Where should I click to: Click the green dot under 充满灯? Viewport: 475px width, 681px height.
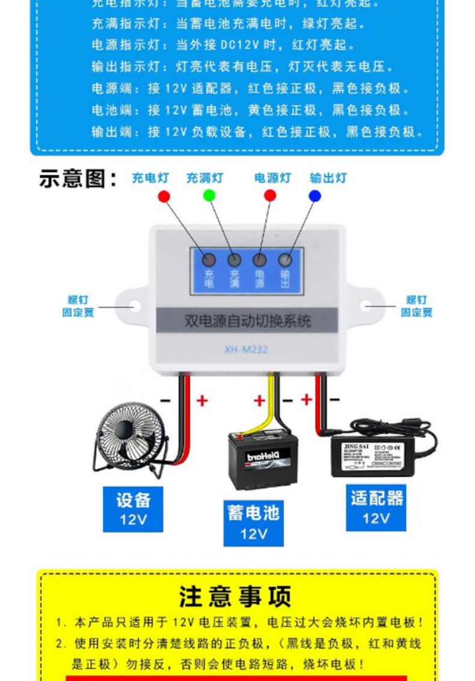click(209, 195)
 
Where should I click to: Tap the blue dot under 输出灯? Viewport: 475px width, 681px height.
click(314, 195)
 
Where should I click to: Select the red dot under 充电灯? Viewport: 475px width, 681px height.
click(164, 195)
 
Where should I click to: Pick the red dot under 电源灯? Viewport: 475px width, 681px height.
click(270, 195)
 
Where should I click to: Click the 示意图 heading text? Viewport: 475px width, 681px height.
click(78, 179)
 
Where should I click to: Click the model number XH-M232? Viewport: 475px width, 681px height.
click(246, 349)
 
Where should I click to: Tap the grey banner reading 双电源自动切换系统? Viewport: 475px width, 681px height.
click(247, 320)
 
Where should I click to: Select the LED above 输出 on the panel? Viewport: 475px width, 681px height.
click(285, 260)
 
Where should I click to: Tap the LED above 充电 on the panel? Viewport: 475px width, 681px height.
click(209, 260)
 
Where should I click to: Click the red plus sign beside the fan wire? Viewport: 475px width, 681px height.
click(202, 400)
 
